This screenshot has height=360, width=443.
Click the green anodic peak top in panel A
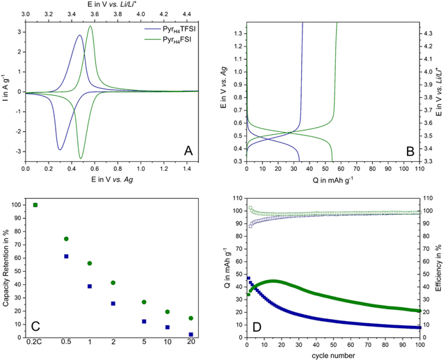(x=90, y=27)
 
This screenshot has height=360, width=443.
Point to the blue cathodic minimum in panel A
(x=60, y=149)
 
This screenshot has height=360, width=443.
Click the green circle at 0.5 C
(x=66, y=239)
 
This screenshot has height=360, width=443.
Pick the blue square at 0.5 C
(x=66, y=256)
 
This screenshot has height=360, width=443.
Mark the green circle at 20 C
(x=191, y=318)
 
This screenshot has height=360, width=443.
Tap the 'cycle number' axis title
(x=332, y=354)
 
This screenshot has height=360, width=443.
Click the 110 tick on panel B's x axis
(x=419, y=167)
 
